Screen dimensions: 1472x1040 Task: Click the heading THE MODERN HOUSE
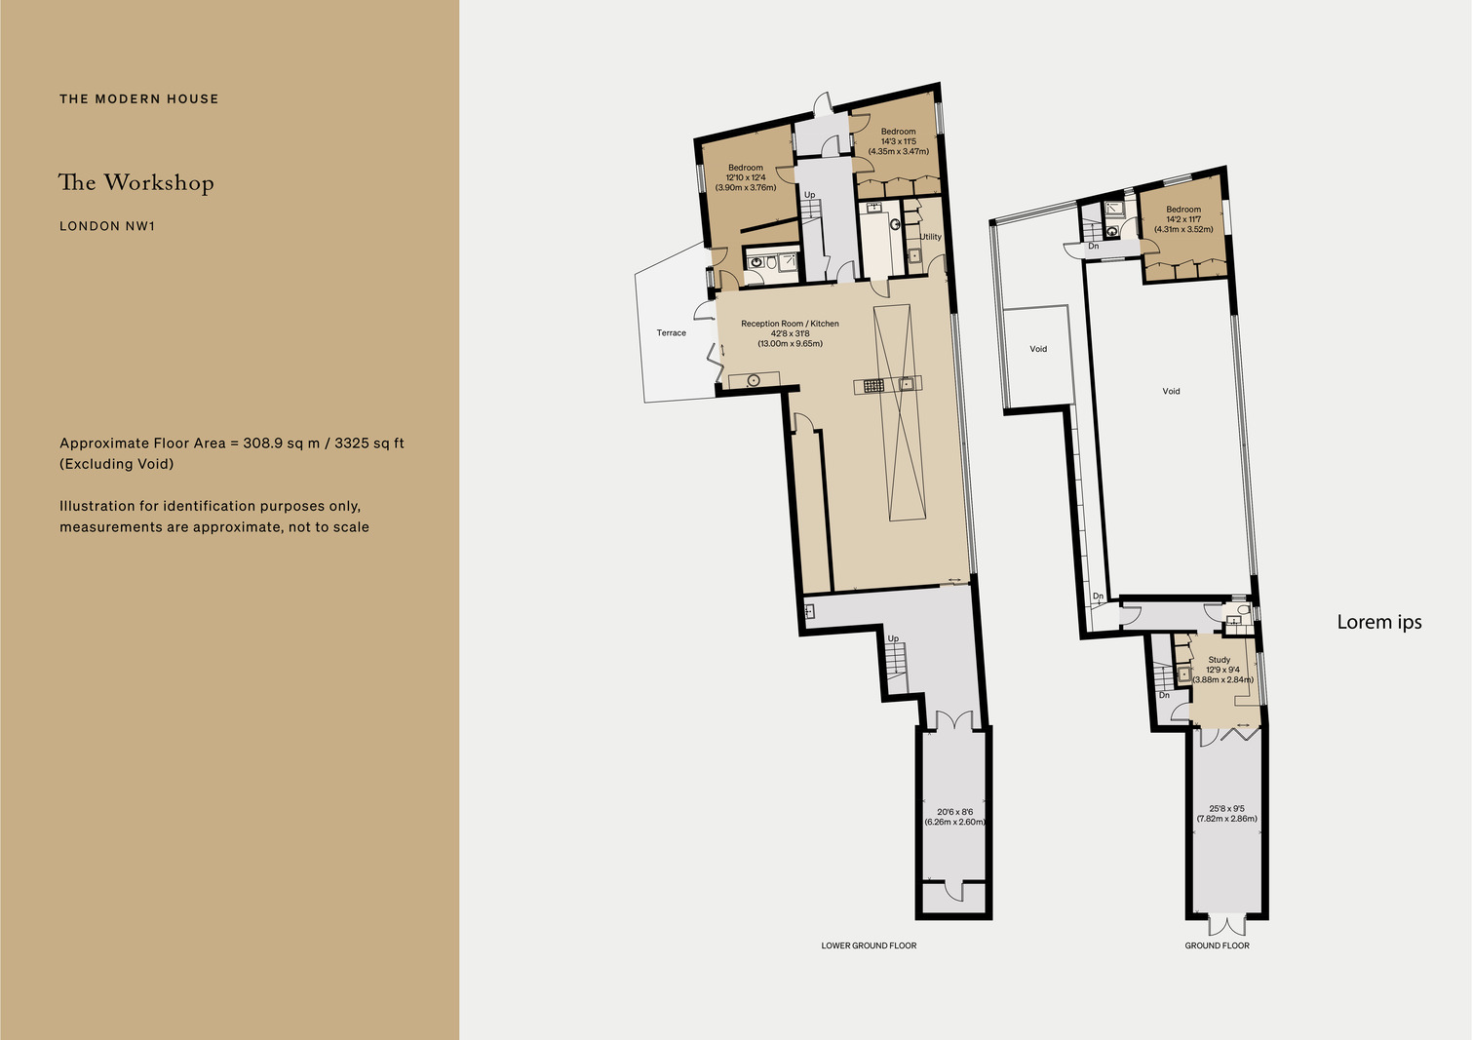coord(138,99)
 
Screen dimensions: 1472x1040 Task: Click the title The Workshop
coord(136,182)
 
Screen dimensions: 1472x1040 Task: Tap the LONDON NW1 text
coord(107,226)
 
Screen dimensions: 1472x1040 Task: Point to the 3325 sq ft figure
coord(369,443)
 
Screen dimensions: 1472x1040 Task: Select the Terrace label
coord(671,333)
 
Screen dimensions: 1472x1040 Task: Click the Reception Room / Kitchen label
coord(790,324)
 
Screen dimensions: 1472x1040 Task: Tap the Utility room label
coord(931,237)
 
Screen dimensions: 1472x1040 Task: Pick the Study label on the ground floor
coord(1219,660)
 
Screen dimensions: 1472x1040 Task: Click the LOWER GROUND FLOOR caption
coord(869,945)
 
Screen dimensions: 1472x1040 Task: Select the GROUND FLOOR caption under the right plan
coord(1217,945)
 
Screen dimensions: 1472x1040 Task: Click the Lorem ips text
coord(1379,622)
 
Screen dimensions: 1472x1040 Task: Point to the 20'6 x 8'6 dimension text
coord(954,812)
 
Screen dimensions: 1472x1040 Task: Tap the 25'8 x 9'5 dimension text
coord(1227,809)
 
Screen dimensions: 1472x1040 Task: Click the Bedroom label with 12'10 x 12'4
coord(746,168)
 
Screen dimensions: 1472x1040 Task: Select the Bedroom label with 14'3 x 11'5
coord(899,132)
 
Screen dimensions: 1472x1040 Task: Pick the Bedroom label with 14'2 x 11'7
coord(1183,210)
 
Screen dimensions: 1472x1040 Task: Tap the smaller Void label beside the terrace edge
coord(1038,349)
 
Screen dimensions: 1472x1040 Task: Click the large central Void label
coord(1171,391)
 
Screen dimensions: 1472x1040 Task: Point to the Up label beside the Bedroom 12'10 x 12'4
coord(809,195)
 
